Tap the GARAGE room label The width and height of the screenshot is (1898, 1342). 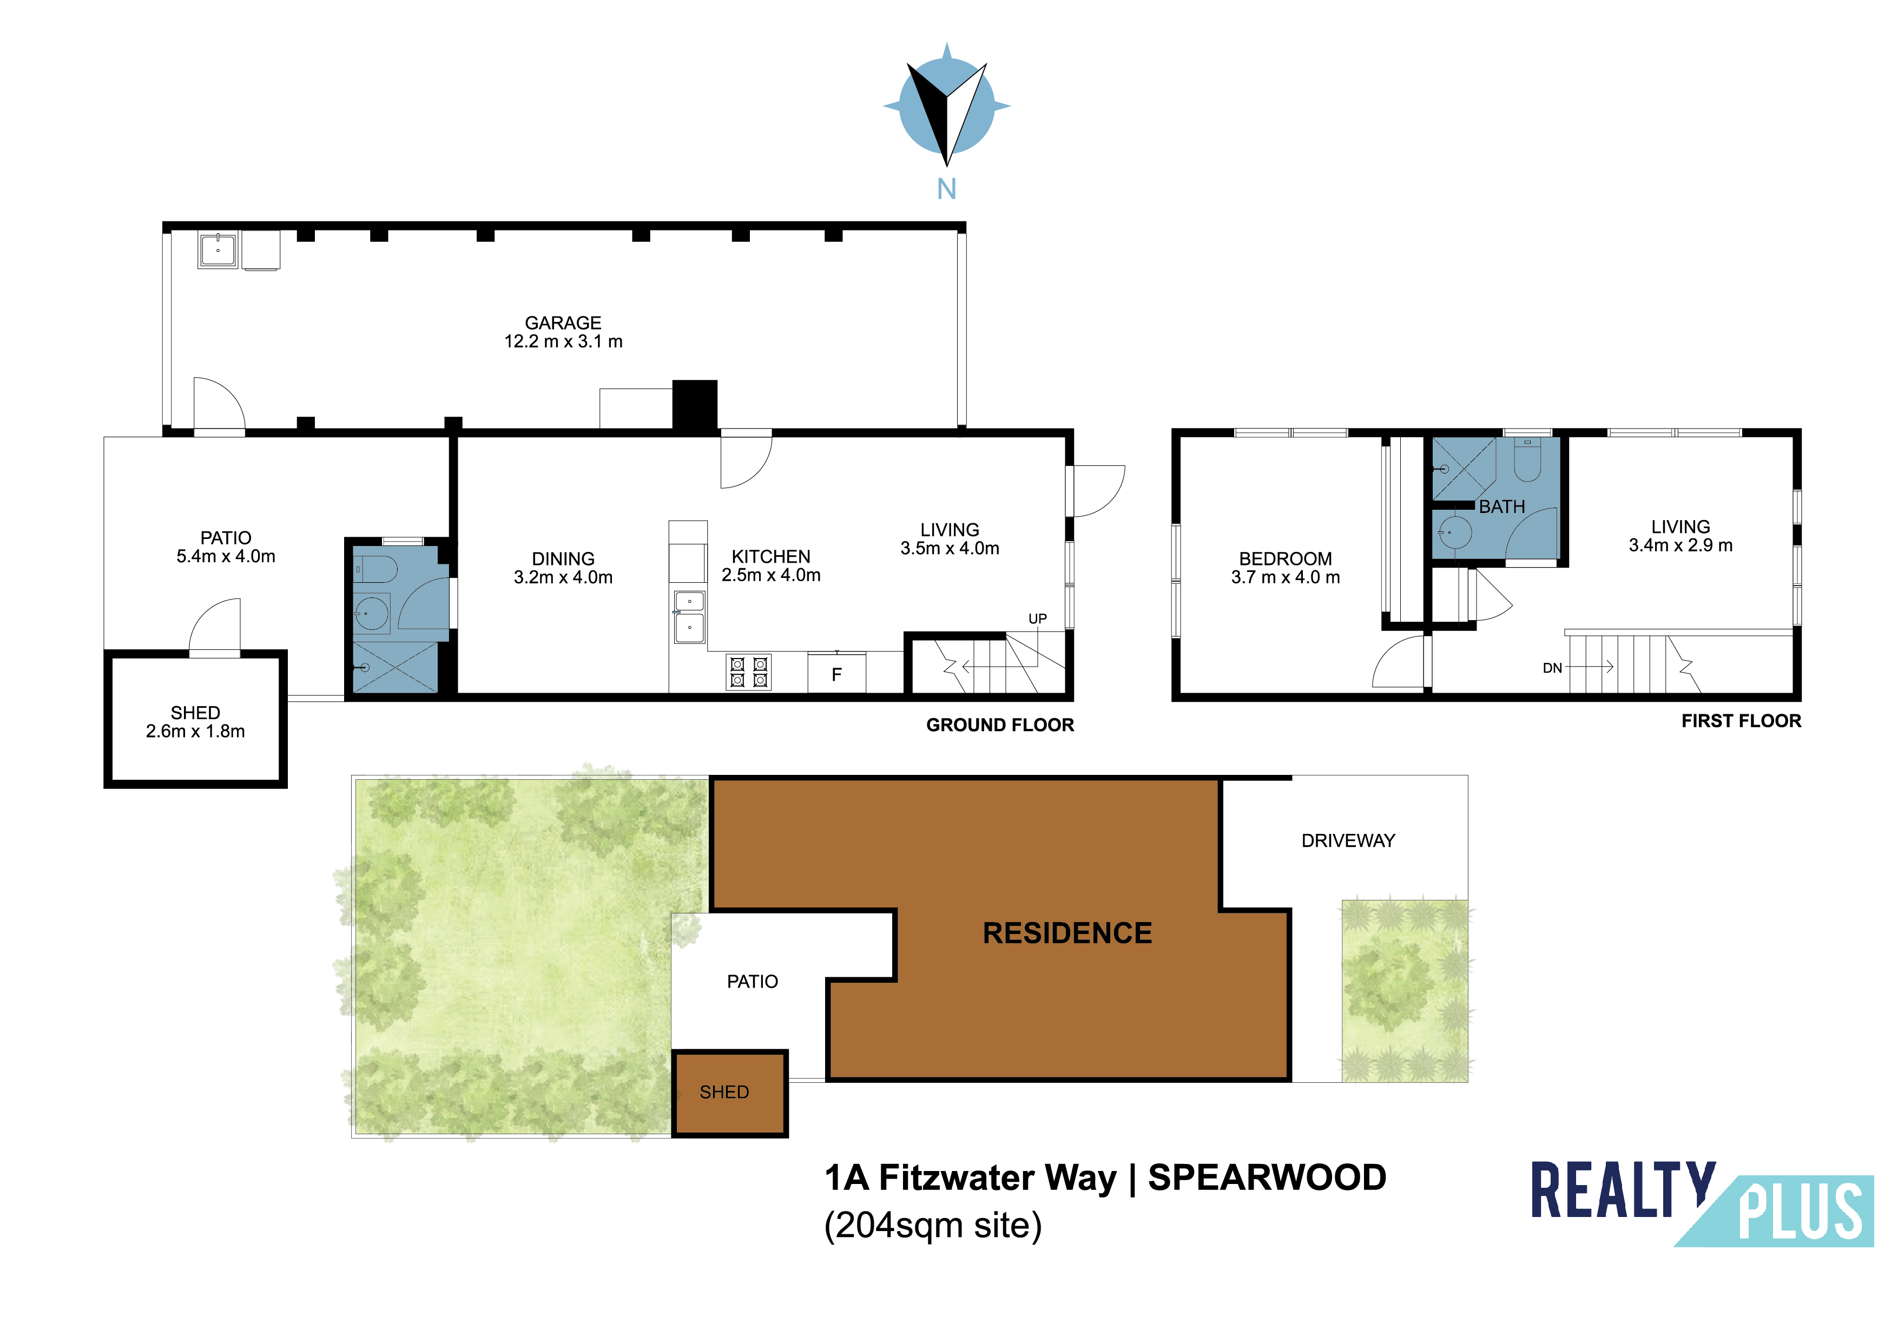point(563,323)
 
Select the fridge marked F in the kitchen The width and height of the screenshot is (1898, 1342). point(836,673)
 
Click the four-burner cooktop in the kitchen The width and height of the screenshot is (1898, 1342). point(749,672)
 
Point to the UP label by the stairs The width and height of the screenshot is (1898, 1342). point(1037,619)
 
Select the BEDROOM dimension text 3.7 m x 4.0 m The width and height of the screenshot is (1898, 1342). point(1286,577)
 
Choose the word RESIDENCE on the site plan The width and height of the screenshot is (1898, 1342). point(1067,933)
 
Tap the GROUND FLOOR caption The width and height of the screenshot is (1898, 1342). point(1000,725)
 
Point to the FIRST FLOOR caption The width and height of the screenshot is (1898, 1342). point(1741,721)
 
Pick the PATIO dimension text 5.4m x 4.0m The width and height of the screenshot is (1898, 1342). point(226,556)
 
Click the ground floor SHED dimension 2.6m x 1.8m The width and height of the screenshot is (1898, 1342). point(195,731)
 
